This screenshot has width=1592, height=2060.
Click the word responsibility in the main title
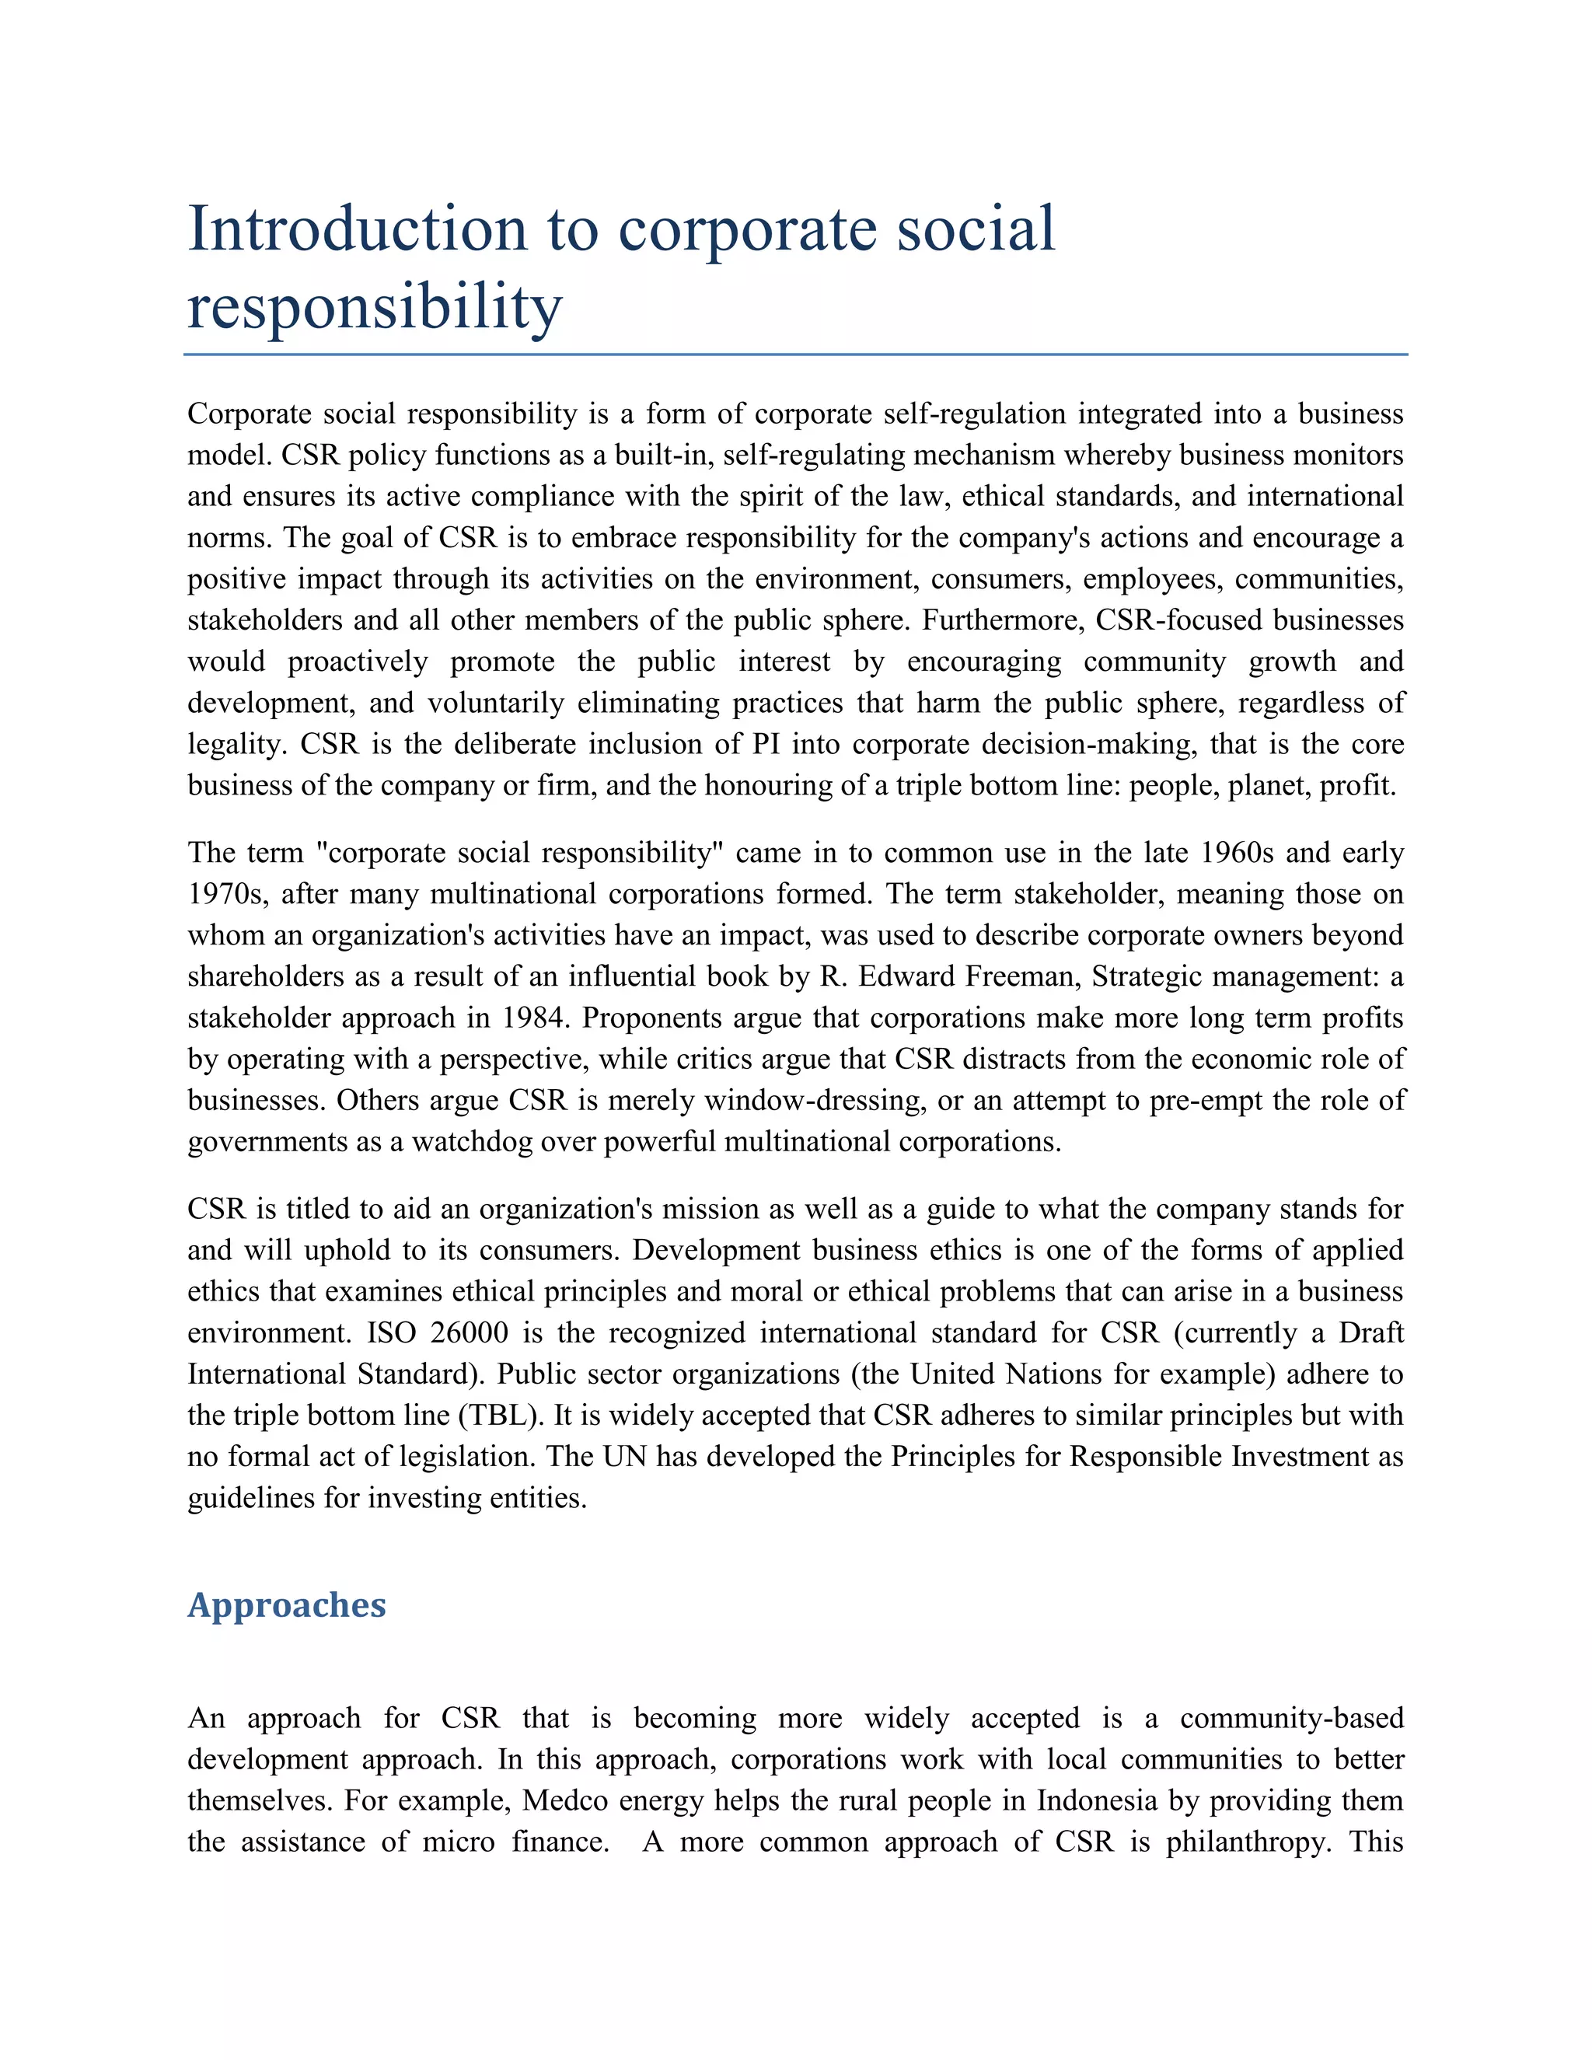coord(375,308)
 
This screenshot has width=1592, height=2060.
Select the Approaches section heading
coord(287,1604)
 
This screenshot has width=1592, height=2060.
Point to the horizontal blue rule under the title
coord(795,354)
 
